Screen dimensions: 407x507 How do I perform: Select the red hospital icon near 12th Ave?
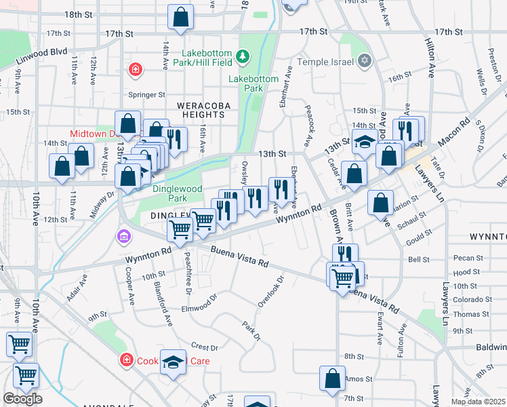click(136, 69)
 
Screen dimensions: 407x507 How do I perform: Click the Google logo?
click(22, 399)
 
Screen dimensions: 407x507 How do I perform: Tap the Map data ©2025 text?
click(477, 402)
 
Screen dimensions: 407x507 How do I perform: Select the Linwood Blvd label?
click(49, 52)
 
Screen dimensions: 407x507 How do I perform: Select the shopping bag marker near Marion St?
click(381, 202)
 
